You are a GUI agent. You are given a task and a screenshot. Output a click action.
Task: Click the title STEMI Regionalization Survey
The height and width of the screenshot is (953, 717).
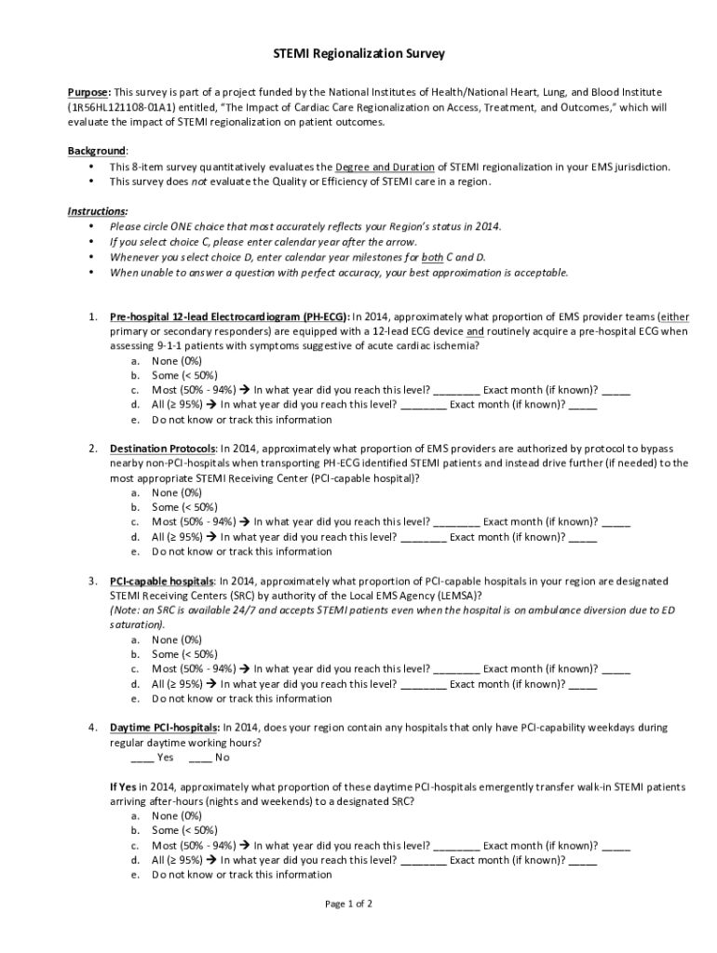(x=358, y=54)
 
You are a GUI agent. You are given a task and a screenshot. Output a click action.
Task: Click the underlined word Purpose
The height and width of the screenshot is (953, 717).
(x=88, y=92)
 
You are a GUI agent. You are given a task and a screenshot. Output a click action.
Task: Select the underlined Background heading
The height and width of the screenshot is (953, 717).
(x=97, y=151)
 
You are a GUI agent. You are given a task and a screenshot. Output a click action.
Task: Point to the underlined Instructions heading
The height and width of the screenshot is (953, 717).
(x=98, y=211)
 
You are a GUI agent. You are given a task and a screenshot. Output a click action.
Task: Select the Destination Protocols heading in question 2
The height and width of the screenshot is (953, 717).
(x=163, y=449)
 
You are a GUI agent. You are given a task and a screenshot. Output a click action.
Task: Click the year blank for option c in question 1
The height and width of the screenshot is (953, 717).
(x=456, y=391)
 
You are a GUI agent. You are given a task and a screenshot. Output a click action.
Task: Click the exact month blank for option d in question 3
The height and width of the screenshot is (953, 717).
(x=582, y=684)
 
